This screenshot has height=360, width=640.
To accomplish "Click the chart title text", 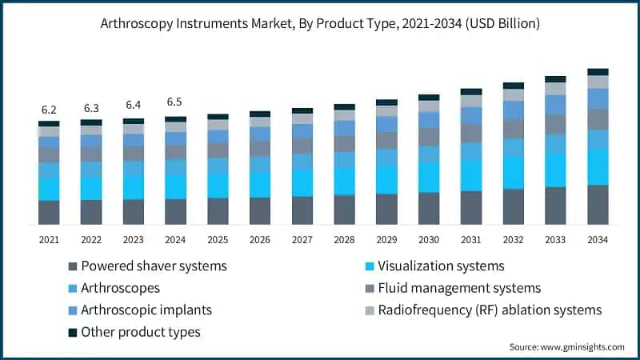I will coord(320,24).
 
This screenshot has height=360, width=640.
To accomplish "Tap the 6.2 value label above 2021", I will coord(49,109).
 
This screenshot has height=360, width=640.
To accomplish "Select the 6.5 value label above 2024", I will coord(175,102).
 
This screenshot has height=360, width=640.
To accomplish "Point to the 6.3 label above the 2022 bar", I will coord(91,108).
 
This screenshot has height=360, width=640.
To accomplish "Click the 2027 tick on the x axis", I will coord(302,240).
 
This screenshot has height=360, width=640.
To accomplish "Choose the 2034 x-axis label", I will coord(598,240).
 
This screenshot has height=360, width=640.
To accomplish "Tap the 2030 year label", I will coord(429,240).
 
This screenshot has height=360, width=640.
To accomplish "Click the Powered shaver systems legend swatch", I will coord(74,266).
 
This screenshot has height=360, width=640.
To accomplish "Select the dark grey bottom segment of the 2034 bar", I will coord(598,204).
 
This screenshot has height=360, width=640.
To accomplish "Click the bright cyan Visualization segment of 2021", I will coord(49,189).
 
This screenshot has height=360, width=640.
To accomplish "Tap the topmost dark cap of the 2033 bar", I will coord(555,79).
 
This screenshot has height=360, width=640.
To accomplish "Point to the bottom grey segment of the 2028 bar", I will coord(344,209).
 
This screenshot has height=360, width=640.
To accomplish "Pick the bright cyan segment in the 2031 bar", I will coord(471,174).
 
